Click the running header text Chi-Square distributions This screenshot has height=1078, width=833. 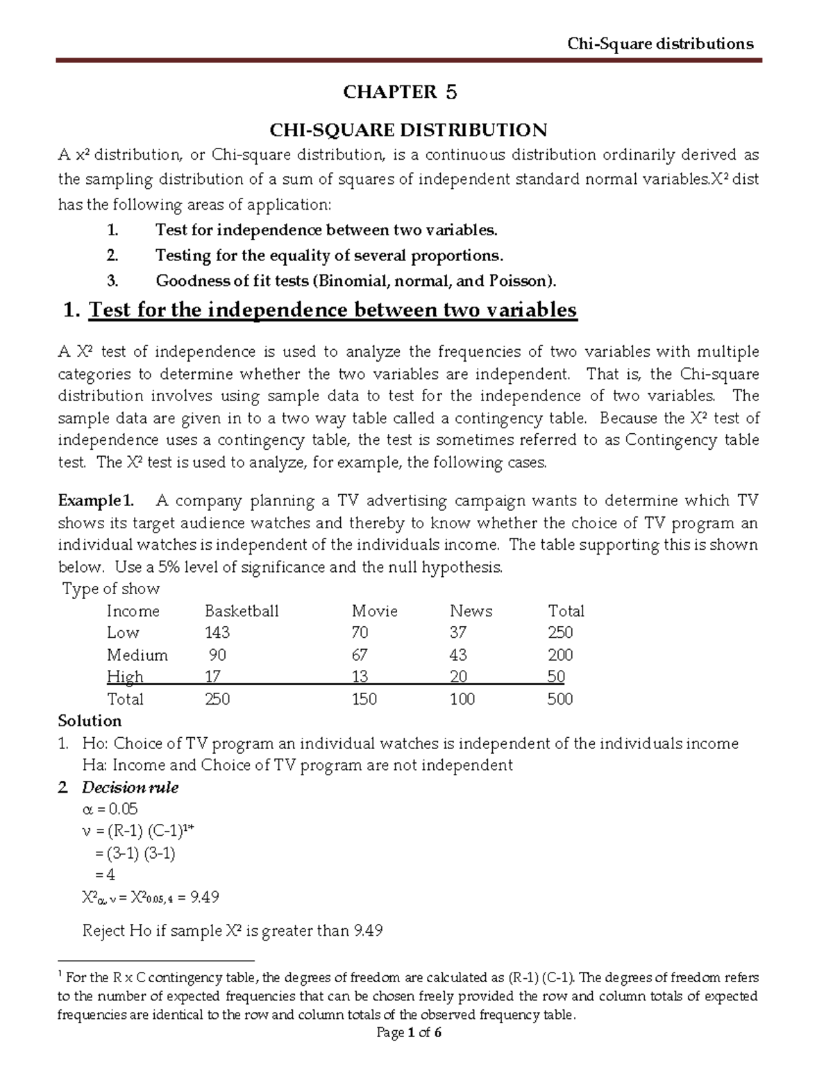pos(659,44)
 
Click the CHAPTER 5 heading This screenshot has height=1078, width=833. pos(401,92)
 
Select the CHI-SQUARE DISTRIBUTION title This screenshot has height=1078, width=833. pos(408,130)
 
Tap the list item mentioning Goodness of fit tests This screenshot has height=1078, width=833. pos(355,281)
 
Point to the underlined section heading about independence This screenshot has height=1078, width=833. pos(333,310)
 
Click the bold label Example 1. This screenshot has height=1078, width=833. pos(96,501)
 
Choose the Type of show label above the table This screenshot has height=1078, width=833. pos(111,589)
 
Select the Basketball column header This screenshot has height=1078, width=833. pos(242,612)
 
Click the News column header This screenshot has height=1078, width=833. pos(471,612)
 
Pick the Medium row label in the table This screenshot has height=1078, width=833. pos(137,655)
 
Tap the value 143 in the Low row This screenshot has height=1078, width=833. pos(217,633)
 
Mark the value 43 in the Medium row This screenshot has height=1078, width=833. pos(458,655)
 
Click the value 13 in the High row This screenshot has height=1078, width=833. pos(360,677)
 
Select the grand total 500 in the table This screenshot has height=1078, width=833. pos(559,699)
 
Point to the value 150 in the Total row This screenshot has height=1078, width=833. pos(364,699)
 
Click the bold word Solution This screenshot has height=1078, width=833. pos(90,721)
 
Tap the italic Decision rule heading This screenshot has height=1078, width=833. pos(130,788)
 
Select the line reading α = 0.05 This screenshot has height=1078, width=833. pos(110,809)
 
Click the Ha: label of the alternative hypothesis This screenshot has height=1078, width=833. pos(94,766)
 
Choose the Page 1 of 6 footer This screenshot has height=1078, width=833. pos(409,1033)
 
